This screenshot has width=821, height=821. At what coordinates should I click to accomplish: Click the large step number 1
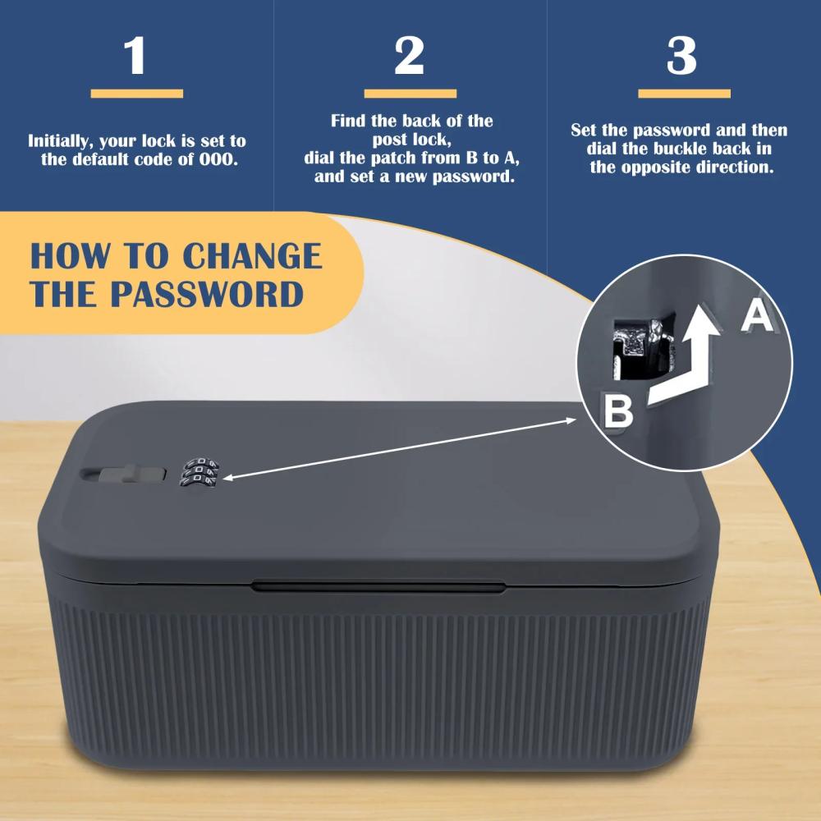pos(136,56)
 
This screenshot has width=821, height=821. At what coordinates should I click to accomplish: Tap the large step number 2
pos(409,56)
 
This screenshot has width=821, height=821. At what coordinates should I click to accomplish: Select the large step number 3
pos(681,56)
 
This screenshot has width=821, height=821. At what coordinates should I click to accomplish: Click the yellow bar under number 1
pos(136,94)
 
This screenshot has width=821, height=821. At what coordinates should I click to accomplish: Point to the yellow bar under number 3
pos(684,94)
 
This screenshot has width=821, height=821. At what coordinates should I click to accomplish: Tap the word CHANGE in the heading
pos(252,256)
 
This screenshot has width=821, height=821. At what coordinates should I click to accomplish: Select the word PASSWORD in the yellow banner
pos(207,294)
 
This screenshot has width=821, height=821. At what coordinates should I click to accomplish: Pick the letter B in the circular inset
pos(618,411)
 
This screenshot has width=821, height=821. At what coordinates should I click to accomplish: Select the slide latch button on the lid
pos(124,474)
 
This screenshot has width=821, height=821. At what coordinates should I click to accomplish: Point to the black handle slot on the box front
pos(378,586)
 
